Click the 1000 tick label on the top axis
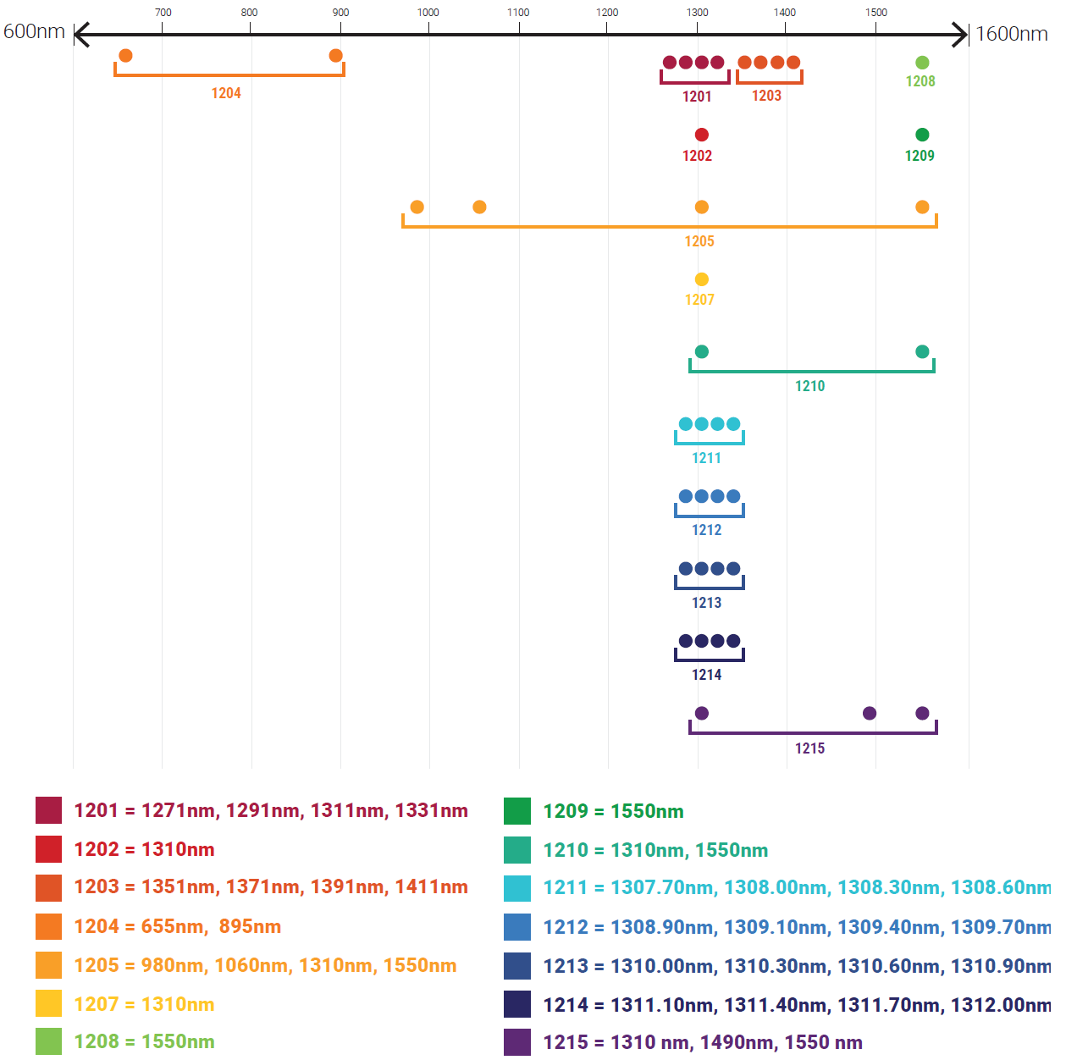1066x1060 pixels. point(428,13)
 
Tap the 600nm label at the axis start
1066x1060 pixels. point(34,31)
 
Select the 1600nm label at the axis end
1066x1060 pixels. point(1012,34)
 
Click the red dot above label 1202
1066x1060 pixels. point(701,135)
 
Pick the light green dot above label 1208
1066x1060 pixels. point(922,63)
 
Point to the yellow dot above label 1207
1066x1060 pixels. point(701,279)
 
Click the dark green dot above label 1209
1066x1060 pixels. point(922,135)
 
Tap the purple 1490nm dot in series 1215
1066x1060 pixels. point(870,714)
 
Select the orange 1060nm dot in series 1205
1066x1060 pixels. point(479,207)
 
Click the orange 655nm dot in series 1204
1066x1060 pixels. point(125,56)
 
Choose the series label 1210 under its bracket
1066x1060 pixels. point(809,386)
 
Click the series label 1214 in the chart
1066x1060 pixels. point(706,675)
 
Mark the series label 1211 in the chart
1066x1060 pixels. point(706,458)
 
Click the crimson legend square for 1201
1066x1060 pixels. point(49,810)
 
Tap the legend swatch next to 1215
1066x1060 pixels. point(517,1042)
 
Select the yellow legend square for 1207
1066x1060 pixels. point(49,1003)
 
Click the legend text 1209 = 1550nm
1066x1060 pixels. point(613,811)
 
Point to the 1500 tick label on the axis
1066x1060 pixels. point(876,13)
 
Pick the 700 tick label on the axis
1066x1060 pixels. point(163,13)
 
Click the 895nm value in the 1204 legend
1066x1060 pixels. point(250,926)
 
